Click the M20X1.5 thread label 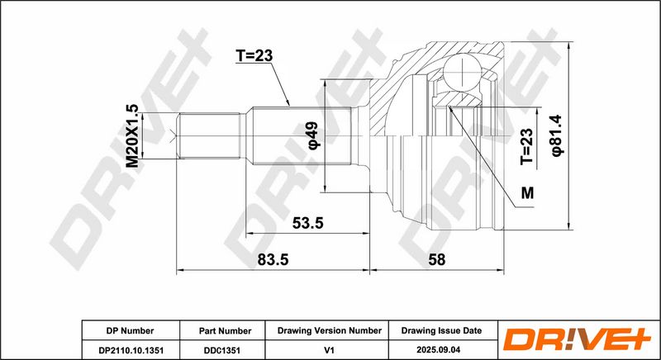tap(132, 136)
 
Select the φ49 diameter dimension tap(315, 135)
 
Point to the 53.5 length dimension tap(307, 223)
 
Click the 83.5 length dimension tap(273, 260)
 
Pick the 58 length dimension tap(437, 260)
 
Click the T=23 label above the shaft tap(254, 55)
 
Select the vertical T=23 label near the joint tap(526, 146)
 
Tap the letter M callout tap(527, 193)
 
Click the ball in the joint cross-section tap(462, 72)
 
